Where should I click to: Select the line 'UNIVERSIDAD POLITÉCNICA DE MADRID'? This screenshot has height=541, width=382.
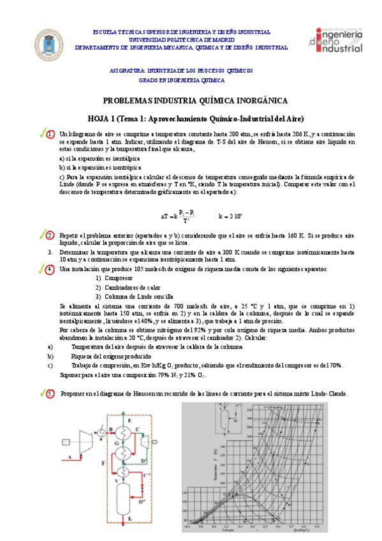(x=181, y=39)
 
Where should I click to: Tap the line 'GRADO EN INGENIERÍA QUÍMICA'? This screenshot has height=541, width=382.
(x=182, y=80)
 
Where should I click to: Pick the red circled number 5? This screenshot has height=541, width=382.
(x=50, y=394)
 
